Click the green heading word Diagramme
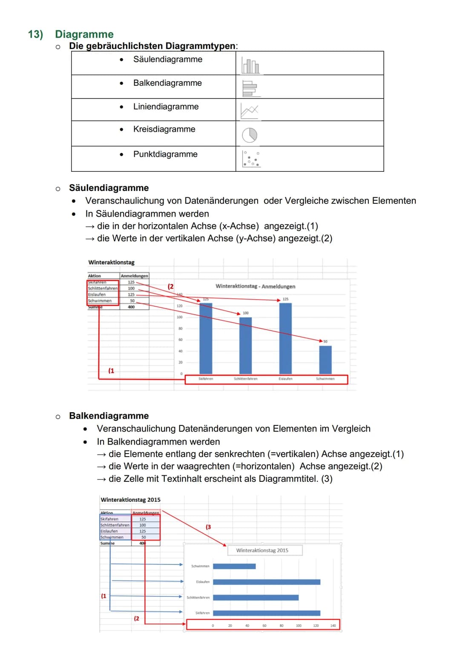coord(84,35)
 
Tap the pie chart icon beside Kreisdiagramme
coord(250,135)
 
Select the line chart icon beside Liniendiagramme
coord(250,111)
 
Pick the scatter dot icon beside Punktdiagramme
coord(251,159)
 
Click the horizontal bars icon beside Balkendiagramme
coord(250,88)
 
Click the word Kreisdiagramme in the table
coord(164,129)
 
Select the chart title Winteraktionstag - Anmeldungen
coord(255,286)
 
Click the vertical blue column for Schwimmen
coord(325,359)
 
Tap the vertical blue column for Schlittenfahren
coord(245,345)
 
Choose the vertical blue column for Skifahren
coord(206,339)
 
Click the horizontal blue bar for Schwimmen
coord(234,566)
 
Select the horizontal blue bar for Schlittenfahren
coord(256,598)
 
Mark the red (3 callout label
coord(208,527)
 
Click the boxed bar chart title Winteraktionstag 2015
coord(262,550)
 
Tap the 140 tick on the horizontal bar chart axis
coord(333,626)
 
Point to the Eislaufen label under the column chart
coord(285,379)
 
